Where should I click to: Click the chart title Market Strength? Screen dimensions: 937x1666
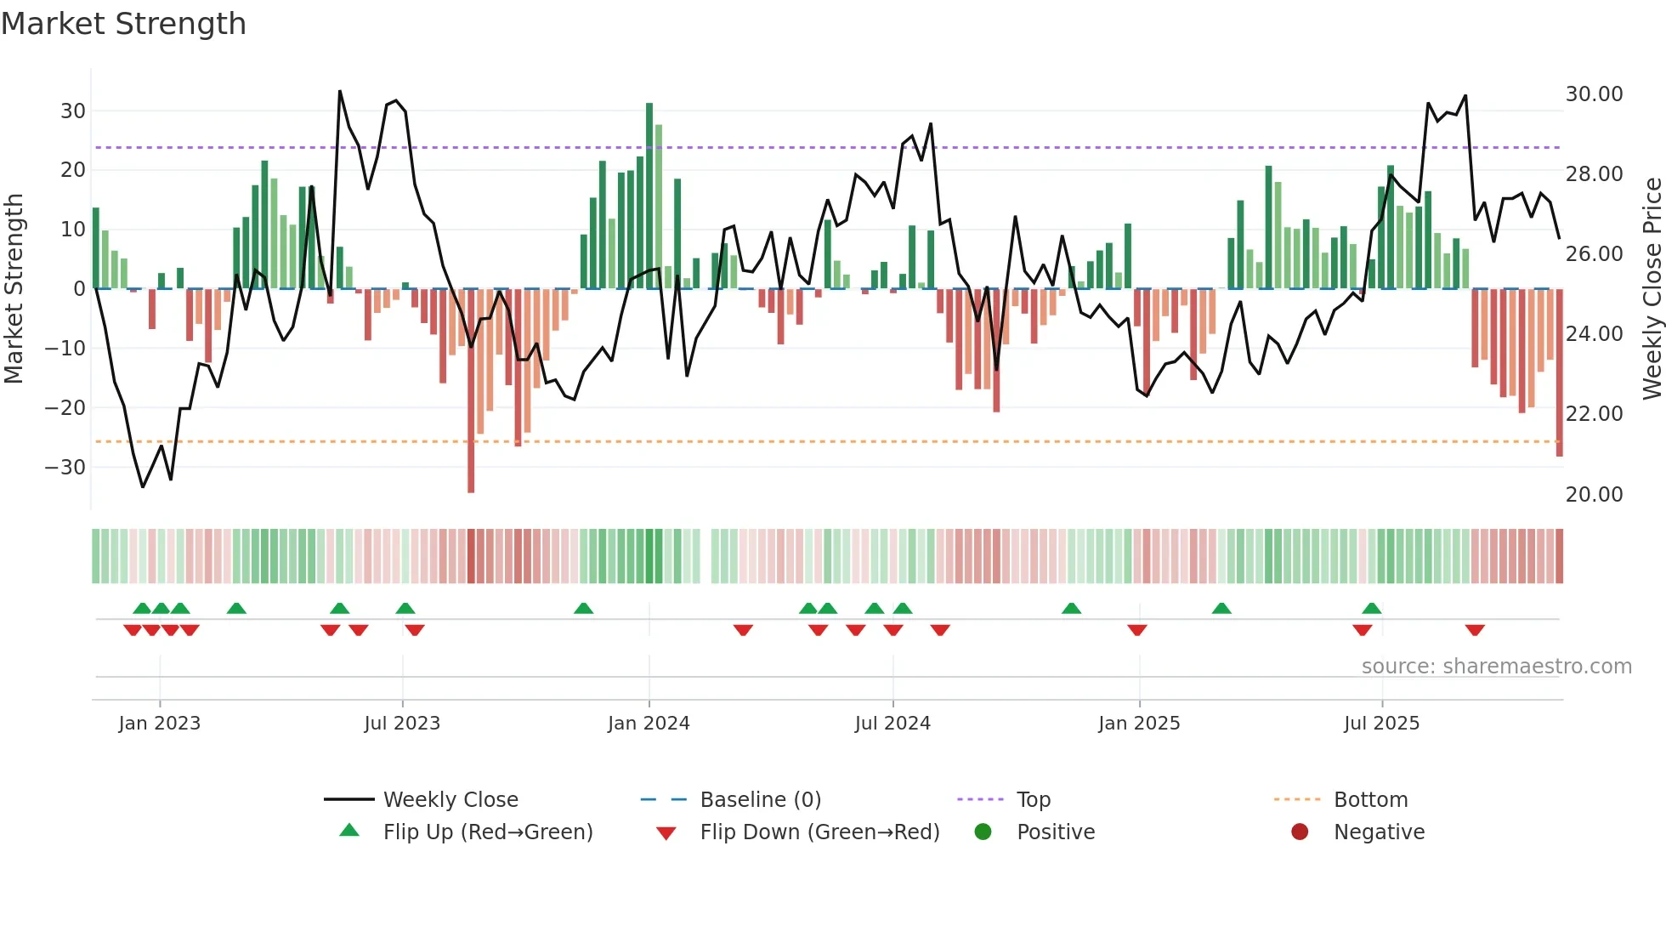[x=124, y=24]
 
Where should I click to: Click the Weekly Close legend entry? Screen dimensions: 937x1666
[x=450, y=800]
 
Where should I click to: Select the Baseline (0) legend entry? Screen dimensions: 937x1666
[x=760, y=800]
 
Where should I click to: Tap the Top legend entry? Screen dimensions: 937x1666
[x=1033, y=800]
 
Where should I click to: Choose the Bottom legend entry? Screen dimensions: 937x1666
[x=1370, y=800]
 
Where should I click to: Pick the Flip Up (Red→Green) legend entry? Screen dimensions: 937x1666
[x=487, y=832]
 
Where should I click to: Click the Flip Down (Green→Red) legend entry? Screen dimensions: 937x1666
[x=819, y=832]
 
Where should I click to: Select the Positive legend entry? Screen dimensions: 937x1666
[x=1055, y=832]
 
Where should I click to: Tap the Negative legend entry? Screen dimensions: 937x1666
[x=1378, y=832]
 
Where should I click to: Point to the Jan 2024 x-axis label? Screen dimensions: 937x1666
[x=649, y=724]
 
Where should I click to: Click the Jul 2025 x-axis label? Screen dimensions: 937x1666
[x=1381, y=724]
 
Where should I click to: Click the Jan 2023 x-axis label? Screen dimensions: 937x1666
[x=160, y=724]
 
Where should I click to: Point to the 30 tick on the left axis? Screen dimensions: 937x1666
[x=73, y=111]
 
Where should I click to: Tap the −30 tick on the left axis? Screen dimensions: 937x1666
[x=65, y=468]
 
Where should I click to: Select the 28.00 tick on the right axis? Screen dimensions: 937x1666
[x=1594, y=174]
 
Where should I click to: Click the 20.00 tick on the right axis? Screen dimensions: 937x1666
[x=1594, y=495]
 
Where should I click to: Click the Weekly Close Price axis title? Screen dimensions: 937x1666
[x=1652, y=289]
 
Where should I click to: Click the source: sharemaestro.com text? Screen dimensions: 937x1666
[x=1496, y=667]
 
